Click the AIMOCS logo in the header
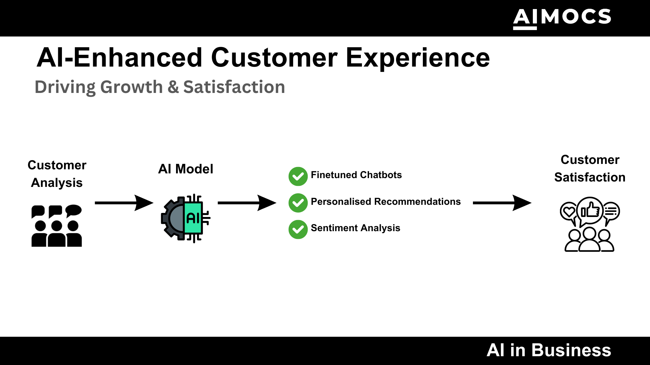pos(562,18)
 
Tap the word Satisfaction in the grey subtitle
pos(234,87)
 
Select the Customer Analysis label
pos(57,174)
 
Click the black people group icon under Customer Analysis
pos(57,225)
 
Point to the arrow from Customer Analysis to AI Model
pos(124,203)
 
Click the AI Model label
pos(186,169)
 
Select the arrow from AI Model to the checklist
pos(247,203)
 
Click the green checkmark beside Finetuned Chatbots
pos(298,176)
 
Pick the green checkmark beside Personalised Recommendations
pos(298,203)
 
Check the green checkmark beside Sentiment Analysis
pos(298,229)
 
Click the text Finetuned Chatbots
pos(356,175)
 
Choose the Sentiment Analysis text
pos(355,228)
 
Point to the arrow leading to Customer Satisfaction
pos(502,203)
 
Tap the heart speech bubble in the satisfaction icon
pos(568,212)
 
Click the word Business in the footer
pos(571,350)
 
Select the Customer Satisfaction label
pos(590,168)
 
